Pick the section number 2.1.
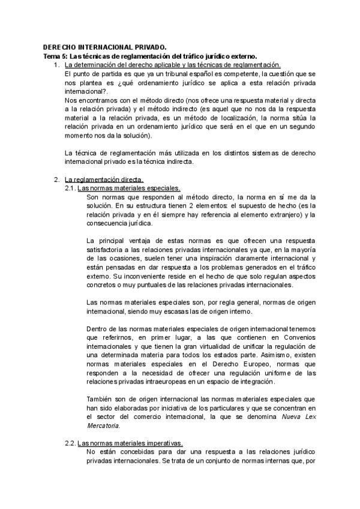coord(70,188)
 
